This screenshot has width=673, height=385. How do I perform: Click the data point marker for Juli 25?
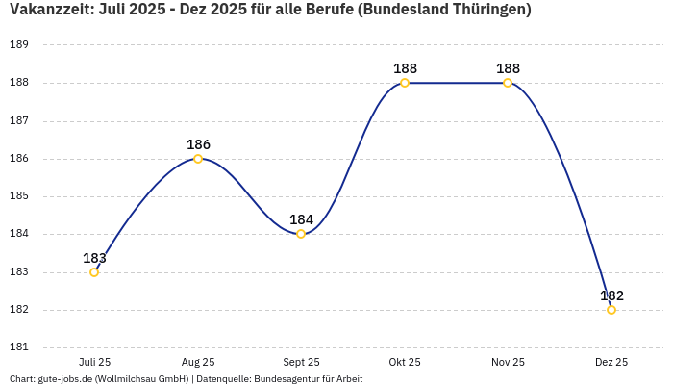click(x=94, y=272)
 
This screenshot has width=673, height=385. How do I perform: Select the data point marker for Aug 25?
click(x=198, y=159)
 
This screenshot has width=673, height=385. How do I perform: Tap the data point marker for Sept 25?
click(x=301, y=234)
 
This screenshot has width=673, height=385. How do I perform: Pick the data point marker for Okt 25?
click(x=405, y=83)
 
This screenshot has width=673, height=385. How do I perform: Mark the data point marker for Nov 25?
click(x=508, y=83)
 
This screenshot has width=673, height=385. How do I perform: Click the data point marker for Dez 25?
click(x=611, y=310)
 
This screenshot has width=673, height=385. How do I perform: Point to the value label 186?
click(x=198, y=144)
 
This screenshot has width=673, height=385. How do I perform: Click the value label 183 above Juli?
click(x=94, y=258)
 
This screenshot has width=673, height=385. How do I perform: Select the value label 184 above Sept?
click(x=301, y=219)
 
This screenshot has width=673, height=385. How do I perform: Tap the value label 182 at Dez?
click(x=611, y=295)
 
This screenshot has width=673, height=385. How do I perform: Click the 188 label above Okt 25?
click(x=405, y=68)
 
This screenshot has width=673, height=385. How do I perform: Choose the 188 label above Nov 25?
click(x=508, y=68)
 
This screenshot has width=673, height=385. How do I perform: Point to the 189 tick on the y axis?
click(x=19, y=45)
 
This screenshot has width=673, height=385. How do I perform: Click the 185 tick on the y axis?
click(x=19, y=196)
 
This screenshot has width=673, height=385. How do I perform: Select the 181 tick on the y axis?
click(x=19, y=347)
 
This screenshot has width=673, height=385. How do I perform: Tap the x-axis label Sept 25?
click(x=301, y=362)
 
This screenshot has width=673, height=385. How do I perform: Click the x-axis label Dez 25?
click(x=611, y=362)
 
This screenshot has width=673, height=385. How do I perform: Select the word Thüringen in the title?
click(x=486, y=11)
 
